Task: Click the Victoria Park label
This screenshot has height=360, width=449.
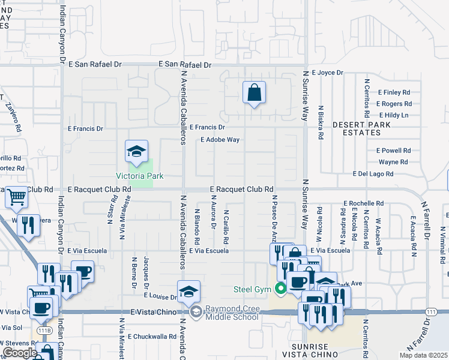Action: (140, 176)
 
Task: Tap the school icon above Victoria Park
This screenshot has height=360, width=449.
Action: (136, 151)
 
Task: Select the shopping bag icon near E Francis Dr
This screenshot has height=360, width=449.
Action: (254, 92)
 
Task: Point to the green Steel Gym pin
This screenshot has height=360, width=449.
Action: (280, 289)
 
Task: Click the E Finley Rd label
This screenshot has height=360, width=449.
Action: (393, 92)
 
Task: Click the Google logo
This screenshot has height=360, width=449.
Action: (19, 353)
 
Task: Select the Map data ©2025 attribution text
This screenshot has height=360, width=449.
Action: (424, 355)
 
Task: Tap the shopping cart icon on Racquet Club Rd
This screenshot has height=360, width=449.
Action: (16, 197)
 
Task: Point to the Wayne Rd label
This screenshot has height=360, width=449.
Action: (393, 162)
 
